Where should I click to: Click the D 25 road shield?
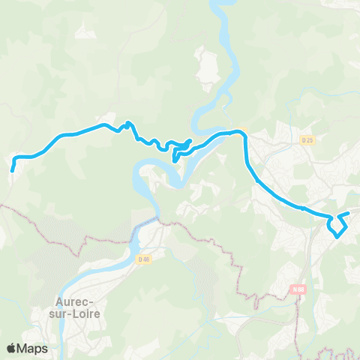click(307, 139)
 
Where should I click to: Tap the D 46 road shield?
click(145, 259)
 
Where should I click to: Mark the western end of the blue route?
click(12, 171)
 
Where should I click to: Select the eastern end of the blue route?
click(349, 214)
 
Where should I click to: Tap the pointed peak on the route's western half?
click(128, 123)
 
